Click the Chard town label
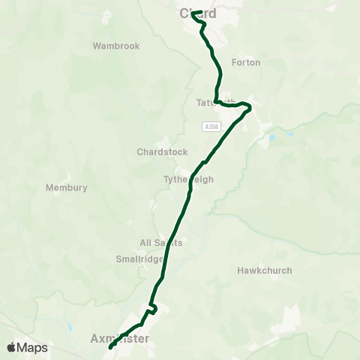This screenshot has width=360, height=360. (198, 13)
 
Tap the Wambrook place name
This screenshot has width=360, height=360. (116, 46)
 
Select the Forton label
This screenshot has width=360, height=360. (246, 62)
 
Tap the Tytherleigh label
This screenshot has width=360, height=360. (189, 180)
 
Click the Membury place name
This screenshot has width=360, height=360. (67, 187)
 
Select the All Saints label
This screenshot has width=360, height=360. (161, 243)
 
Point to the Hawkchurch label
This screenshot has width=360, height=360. (265, 270)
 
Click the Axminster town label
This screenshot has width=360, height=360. (119, 339)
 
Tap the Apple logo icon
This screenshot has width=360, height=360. (12, 347)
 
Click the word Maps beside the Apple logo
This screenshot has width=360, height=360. (33, 347)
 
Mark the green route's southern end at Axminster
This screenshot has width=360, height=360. (110, 347)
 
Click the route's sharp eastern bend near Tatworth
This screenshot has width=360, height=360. (249, 107)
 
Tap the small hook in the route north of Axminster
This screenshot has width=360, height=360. (153, 307)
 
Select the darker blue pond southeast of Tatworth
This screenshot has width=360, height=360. (271, 138)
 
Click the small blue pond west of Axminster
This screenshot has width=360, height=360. (69, 328)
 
